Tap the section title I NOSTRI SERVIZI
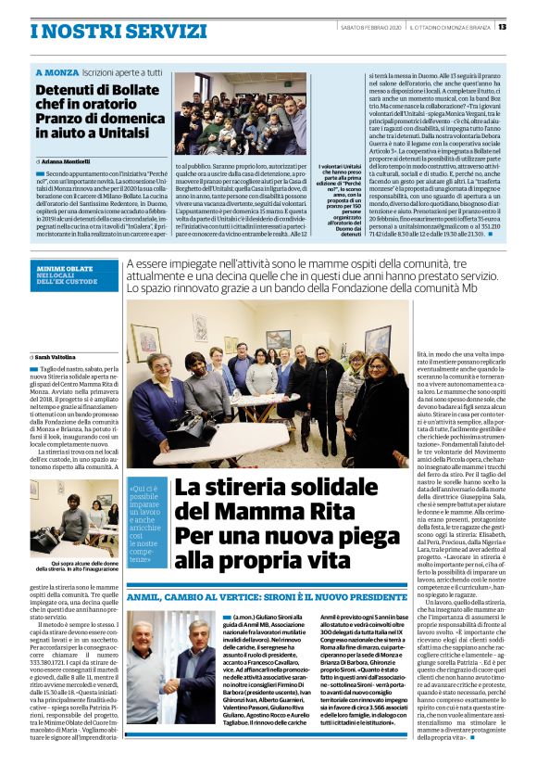tap(106, 31)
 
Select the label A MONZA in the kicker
tap(57, 71)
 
